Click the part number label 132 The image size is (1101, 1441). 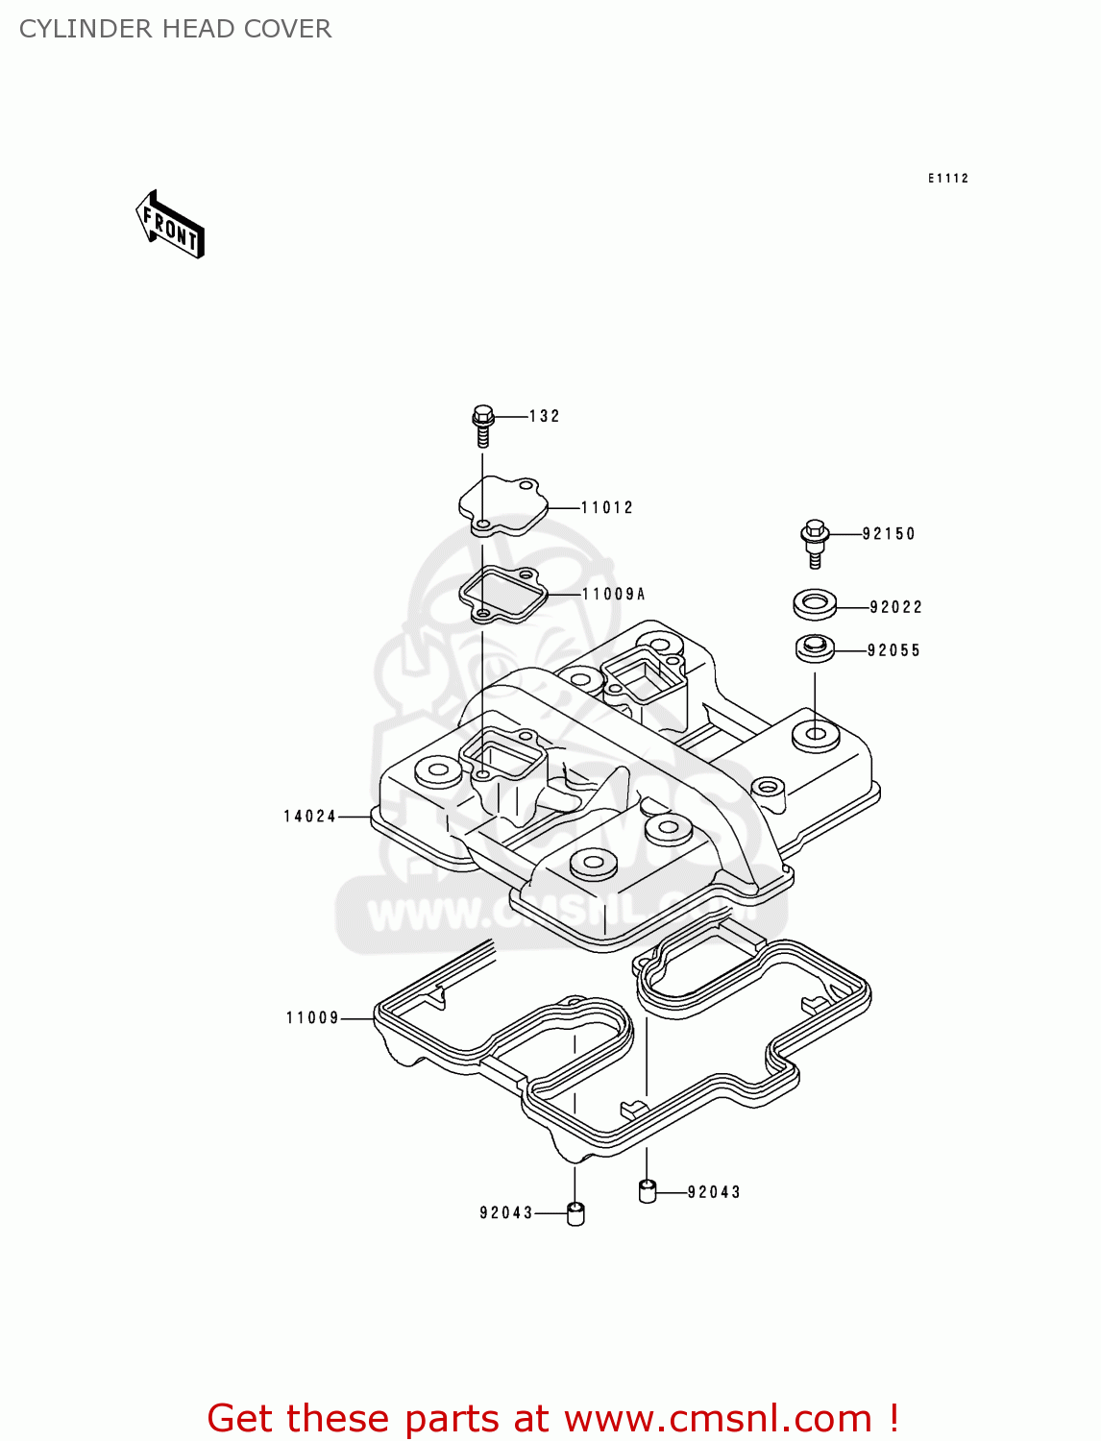pyautogui.click(x=544, y=416)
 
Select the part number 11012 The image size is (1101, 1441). pyautogui.click(x=607, y=507)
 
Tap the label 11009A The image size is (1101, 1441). pyautogui.click(x=614, y=594)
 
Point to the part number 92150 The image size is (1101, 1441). pyautogui.click(x=889, y=533)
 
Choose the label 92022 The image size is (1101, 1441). pyautogui.click(x=895, y=606)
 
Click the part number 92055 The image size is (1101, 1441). pyautogui.click(x=893, y=650)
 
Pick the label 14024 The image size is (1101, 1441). pyautogui.click(x=309, y=817)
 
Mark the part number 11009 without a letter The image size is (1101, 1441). pyautogui.click(x=312, y=1017)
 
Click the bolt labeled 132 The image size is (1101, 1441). pyautogui.click(x=483, y=425)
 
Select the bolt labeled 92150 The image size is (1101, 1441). pyautogui.click(x=815, y=543)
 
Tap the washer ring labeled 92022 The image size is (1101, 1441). pyautogui.click(x=815, y=605)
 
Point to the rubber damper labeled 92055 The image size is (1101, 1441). pyautogui.click(x=815, y=648)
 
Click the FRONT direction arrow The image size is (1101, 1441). pyautogui.click(x=170, y=226)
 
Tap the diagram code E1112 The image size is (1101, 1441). pyautogui.click(x=947, y=178)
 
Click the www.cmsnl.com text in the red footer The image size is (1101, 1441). pyautogui.click(x=718, y=1418)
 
